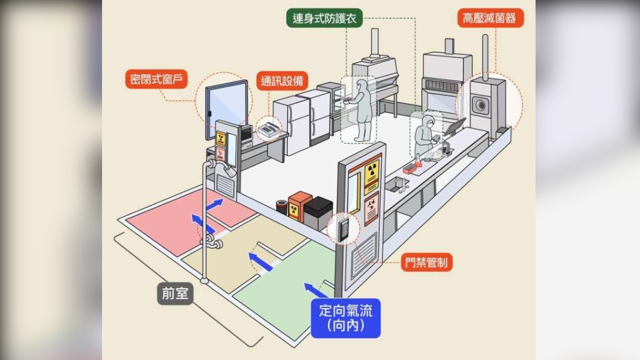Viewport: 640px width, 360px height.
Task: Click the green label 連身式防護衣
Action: (x=324, y=18)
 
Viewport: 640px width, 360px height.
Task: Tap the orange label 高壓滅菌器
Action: (x=490, y=18)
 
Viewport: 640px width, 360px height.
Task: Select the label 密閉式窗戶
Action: (x=156, y=79)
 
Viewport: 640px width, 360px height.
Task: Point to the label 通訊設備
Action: (x=282, y=81)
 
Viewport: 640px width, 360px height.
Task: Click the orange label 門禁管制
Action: (x=426, y=262)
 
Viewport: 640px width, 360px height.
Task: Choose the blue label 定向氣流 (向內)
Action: (x=346, y=318)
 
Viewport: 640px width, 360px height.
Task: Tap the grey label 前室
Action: (x=175, y=293)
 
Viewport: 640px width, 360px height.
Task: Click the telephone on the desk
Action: (x=269, y=129)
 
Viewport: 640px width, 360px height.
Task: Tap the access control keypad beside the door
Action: (x=345, y=229)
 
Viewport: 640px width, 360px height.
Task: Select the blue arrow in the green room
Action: (x=316, y=290)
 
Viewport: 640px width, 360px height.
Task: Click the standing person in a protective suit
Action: (x=361, y=110)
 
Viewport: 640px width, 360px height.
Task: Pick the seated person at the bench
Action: (x=424, y=135)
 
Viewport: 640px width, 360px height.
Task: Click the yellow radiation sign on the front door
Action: (x=371, y=172)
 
